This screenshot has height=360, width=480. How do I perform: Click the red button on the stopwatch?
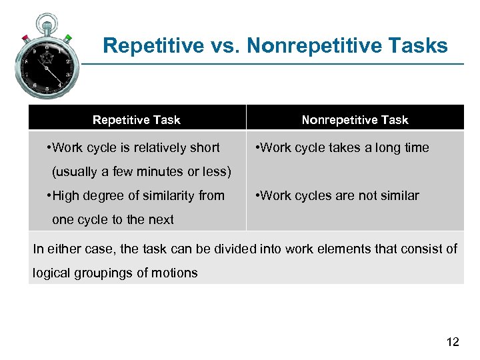click(x=25, y=37)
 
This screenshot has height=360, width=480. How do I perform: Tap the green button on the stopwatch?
click(x=68, y=38)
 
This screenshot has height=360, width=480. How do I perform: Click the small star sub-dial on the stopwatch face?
click(x=47, y=58)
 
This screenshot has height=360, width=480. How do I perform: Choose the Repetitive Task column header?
click(x=136, y=120)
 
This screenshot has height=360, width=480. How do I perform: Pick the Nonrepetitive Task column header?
click(x=355, y=120)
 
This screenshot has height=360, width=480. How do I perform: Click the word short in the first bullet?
click(x=204, y=148)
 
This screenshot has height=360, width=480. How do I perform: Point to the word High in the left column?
click(x=65, y=196)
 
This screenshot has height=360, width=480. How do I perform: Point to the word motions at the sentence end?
click(x=175, y=273)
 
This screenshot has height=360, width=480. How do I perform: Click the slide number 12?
click(x=452, y=343)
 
